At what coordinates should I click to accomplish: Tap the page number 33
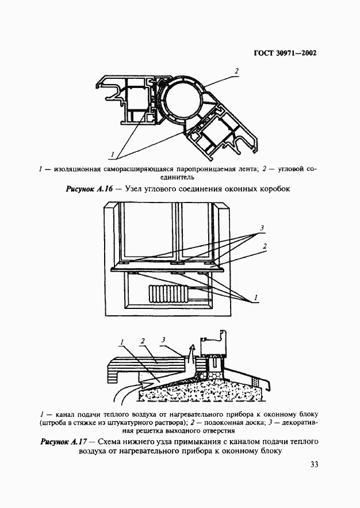(x=313, y=465)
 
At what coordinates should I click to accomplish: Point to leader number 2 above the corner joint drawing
(x=236, y=71)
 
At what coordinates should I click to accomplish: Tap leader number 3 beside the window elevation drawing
(x=262, y=228)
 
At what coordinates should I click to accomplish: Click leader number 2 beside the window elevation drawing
(x=264, y=246)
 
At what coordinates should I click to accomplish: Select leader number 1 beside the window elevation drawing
(x=257, y=297)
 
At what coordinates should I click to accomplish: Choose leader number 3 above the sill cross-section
(x=164, y=340)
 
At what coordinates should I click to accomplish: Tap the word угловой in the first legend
(x=290, y=169)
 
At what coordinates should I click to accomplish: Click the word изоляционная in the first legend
(x=76, y=169)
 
